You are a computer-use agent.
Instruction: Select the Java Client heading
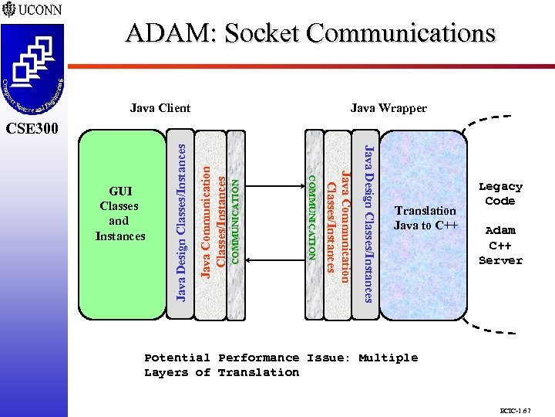click(160, 108)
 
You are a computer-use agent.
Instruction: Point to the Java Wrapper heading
click(388, 108)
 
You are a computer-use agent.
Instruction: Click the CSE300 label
click(31, 127)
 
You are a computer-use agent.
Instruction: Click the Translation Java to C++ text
click(425, 218)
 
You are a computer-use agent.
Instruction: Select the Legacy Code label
click(500, 193)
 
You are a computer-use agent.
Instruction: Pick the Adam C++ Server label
click(500, 245)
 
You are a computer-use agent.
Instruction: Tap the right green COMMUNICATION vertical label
click(313, 217)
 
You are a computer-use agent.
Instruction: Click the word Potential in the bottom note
click(177, 358)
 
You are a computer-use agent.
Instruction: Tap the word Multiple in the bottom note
click(388, 358)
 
